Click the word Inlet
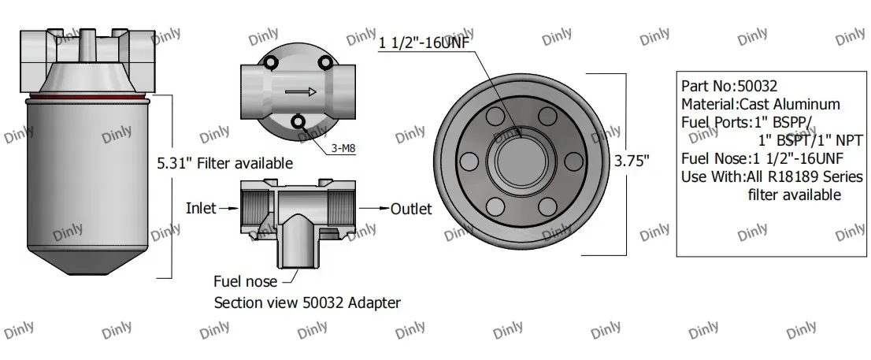click(202, 209)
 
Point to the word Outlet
click(412, 209)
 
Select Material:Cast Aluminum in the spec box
click(760, 104)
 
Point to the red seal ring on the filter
click(87, 101)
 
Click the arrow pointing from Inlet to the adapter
click(229, 209)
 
